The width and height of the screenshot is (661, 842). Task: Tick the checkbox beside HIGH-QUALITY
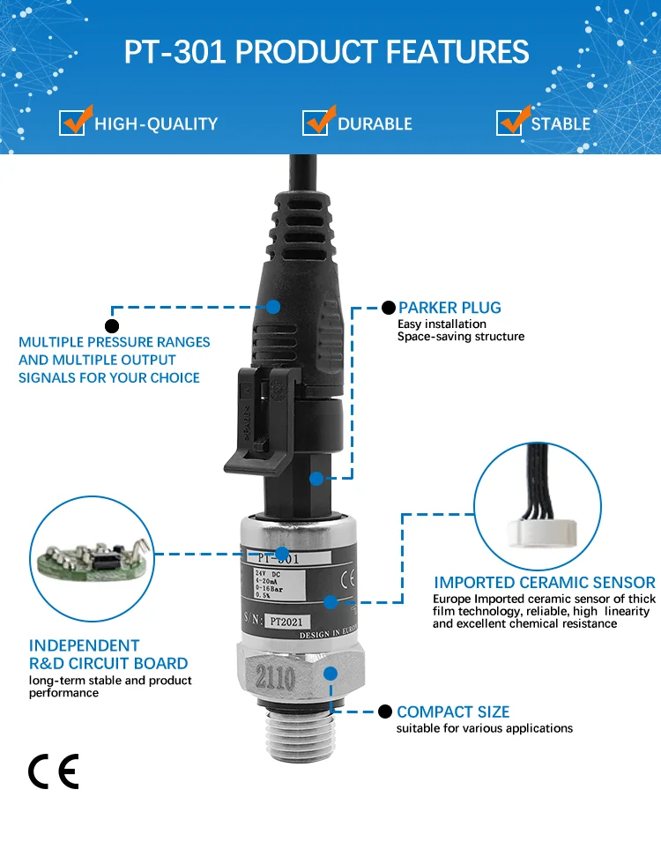coord(72,123)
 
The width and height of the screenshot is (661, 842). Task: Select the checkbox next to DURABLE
coord(315,123)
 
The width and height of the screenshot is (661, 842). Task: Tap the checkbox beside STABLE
coord(509,123)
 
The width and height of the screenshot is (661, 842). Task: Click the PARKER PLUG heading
coord(449,308)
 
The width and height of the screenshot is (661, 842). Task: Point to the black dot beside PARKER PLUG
coord(388,308)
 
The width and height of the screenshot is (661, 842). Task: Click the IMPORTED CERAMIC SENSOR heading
coord(544,583)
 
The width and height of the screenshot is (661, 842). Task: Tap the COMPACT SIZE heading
coord(453,712)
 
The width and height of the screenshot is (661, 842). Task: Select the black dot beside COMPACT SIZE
coord(384,712)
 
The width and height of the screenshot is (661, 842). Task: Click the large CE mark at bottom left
coord(54,771)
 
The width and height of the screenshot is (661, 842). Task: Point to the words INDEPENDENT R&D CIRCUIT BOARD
coord(108,654)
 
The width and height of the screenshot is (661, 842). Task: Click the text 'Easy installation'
coord(442,324)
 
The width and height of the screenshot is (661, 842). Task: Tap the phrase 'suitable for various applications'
coord(485,728)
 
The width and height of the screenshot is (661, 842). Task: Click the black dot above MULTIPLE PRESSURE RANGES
coord(112,325)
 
